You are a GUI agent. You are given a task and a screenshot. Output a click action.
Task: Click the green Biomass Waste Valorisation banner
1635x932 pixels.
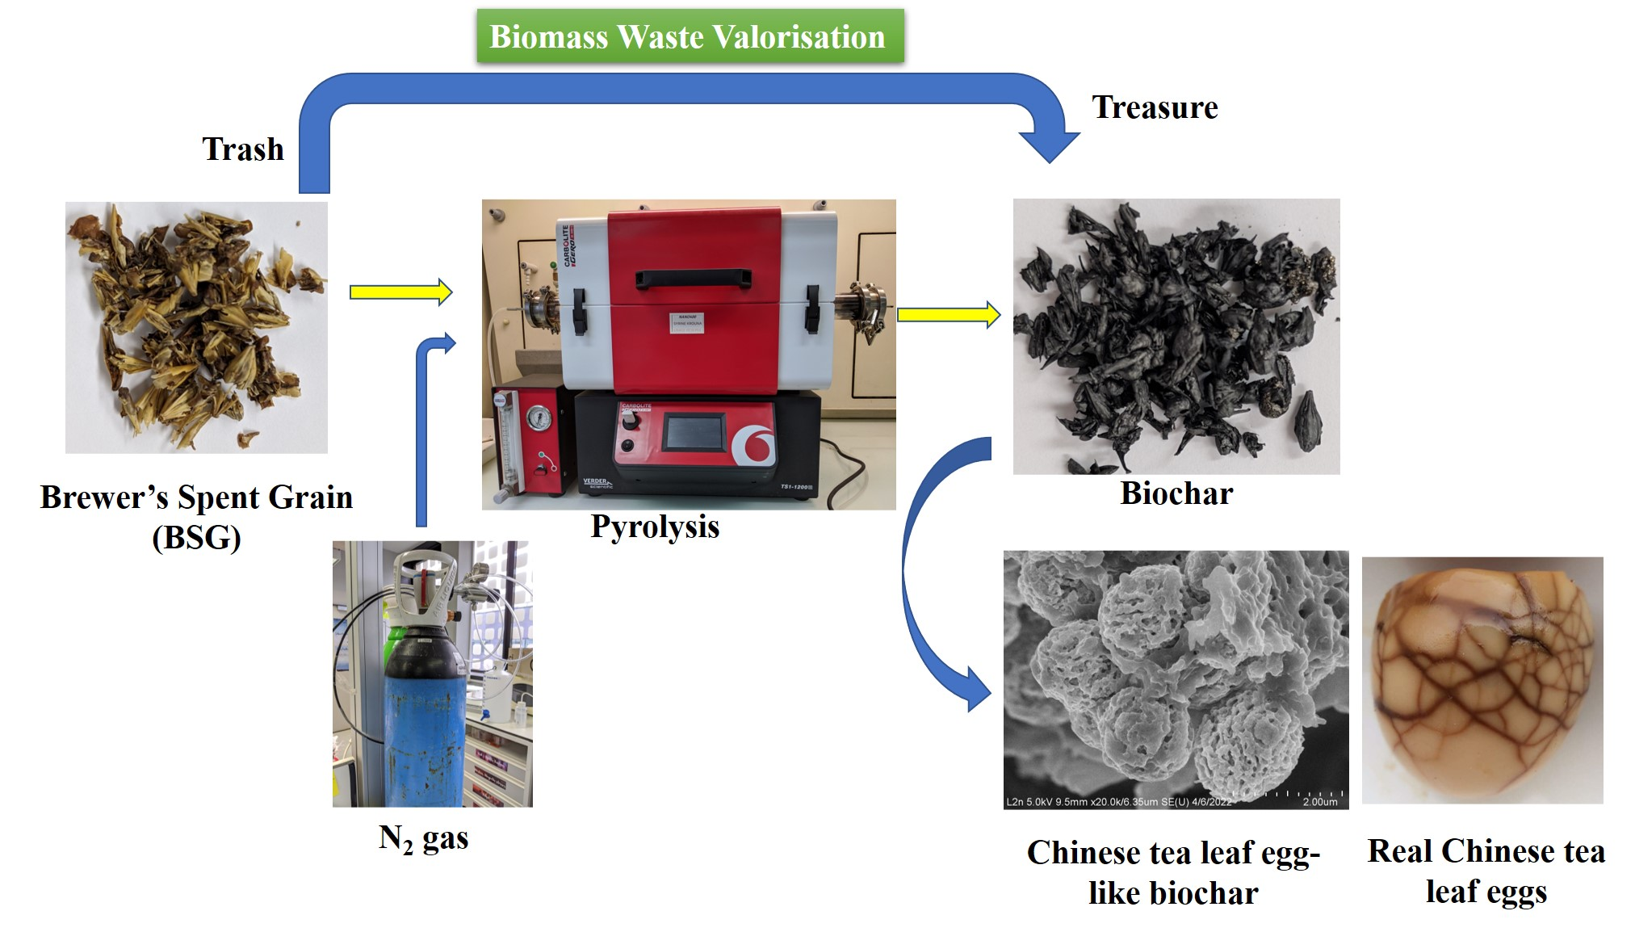[690, 36]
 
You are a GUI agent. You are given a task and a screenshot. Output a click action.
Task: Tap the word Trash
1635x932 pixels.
[242, 149]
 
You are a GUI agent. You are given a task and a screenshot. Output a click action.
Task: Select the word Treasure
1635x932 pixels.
[1154, 107]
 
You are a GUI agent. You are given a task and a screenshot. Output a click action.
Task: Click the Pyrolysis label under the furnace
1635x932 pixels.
[655, 527]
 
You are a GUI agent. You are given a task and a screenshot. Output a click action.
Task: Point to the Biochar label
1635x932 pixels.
[1176, 493]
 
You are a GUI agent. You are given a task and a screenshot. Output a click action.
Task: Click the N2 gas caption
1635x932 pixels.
[423, 838]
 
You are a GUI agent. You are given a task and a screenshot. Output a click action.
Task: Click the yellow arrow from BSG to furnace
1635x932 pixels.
[400, 292]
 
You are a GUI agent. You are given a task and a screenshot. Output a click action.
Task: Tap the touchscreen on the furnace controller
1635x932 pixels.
[693, 432]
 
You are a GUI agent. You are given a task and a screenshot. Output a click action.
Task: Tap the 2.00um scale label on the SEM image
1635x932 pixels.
[1319, 802]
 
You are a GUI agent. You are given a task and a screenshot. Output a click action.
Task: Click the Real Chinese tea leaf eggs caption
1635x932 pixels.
[1486, 871]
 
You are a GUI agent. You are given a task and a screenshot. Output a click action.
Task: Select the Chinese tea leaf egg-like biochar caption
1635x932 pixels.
[1172, 872]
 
